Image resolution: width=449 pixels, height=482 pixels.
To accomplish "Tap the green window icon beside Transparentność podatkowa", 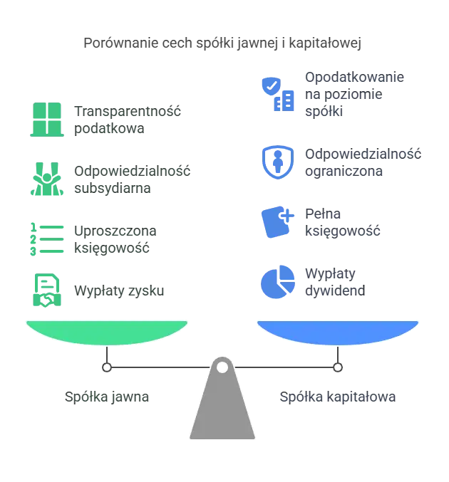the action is (47, 120).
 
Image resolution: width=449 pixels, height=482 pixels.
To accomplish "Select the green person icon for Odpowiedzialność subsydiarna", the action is (47, 179).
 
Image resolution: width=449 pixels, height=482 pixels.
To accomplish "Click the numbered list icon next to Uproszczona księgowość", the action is (47, 239).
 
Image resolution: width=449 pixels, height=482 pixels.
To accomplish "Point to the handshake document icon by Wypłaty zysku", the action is (47, 290).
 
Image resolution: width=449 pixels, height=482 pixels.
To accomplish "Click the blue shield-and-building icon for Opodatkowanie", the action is (278, 94).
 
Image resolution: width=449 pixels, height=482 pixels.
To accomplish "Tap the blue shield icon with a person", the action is (278, 162).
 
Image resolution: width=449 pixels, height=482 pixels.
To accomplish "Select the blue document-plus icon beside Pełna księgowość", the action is (277, 222).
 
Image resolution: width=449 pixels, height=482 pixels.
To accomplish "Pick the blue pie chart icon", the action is (278, 282).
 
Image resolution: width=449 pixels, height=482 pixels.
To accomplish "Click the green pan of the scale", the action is (107, 332).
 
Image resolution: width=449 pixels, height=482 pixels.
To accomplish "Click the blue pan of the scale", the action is (338, 332).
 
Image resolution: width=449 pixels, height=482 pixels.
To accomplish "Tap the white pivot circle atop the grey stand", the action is (222, 367).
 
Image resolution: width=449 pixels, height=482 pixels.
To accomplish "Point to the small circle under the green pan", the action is (107, 367).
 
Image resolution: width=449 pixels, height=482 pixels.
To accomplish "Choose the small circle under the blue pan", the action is (338, 367).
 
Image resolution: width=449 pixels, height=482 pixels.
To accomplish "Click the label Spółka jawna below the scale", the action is (107, 397).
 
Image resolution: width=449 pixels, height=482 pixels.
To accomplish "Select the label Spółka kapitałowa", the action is (338, 397).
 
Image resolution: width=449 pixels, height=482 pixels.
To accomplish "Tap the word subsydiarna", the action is (113, 188).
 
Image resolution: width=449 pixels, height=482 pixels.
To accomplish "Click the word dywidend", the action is (335, 290).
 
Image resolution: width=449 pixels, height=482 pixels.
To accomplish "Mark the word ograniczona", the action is (344, 171).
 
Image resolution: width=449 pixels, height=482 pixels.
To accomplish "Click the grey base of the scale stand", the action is (222, 409).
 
